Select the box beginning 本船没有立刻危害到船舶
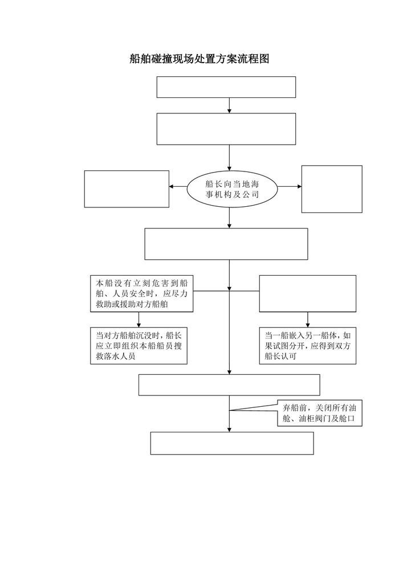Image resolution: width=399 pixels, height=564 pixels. click(141, 294)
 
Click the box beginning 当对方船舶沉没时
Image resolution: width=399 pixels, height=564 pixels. click(139, 346)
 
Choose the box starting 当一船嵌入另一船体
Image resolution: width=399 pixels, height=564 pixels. click(308, 346)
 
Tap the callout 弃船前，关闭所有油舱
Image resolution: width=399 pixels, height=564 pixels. click(320, 413)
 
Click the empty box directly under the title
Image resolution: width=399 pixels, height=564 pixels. click(226, 87)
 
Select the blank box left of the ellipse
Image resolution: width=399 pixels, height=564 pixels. click(127, 189)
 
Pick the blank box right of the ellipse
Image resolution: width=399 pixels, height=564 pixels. click(332, 189)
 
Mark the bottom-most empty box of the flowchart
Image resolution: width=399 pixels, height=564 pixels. click(232, 443)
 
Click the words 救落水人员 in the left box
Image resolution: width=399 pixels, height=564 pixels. click(116, 357)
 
